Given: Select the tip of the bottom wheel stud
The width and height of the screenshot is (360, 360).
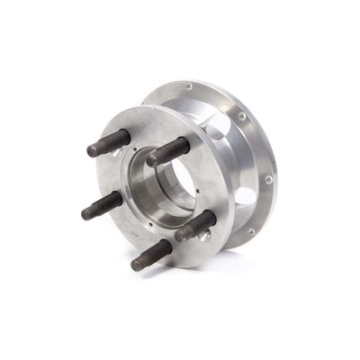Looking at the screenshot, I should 135,265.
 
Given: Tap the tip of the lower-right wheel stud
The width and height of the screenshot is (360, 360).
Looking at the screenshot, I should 180,237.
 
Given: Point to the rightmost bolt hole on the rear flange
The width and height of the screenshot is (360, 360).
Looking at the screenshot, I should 269,180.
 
